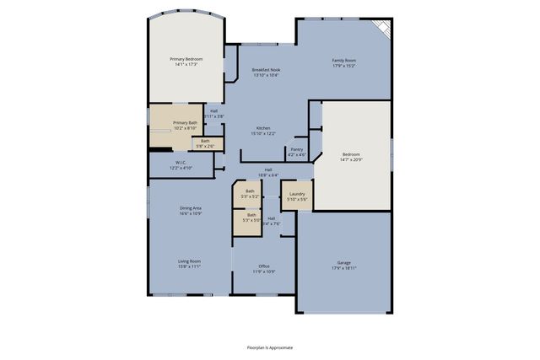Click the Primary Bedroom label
pos(186,59)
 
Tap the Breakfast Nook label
pos(266,70)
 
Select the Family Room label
pos(343,59)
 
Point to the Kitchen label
pos(262,128)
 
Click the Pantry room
pos(296,150)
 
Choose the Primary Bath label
pos(186,123)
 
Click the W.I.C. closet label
pos(181,163)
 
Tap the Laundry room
pos(296,194)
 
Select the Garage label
pos(343,262)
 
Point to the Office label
pos(263,266)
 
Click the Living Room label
pos(189,261)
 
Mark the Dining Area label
pos(190,207)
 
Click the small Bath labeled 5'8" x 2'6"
pos(205,141)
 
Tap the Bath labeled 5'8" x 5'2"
pos(250,191)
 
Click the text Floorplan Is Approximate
pos(270,347)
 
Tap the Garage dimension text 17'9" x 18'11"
pos(343,267)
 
